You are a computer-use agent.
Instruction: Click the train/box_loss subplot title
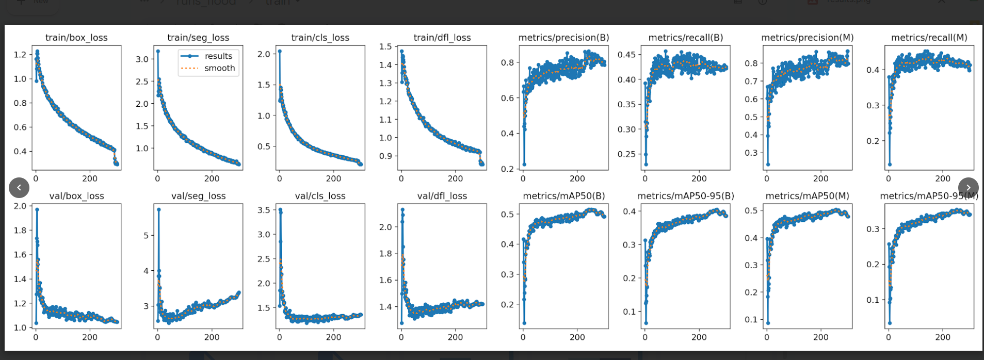[x=76, y=38]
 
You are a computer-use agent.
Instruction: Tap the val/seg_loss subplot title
[x=198, y=196]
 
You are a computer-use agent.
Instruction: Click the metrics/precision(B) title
[x=563, y=38]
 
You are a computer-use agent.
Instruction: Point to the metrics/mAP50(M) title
[x=807, y=196]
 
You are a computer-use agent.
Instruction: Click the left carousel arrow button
[x=19, y=188]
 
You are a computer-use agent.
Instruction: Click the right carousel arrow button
[x=968, y=188]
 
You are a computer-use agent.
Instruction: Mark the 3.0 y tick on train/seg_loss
[x=142, y=59]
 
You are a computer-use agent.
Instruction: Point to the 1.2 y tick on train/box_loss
[x=20, y=55]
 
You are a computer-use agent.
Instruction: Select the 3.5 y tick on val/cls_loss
[x=264, y=210]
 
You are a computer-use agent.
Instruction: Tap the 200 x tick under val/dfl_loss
[x=455, y=337]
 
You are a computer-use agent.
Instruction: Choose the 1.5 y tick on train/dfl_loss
[x=385, y=46]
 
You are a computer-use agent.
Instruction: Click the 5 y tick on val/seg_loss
[x=146, y=236]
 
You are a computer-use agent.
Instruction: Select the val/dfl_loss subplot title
[x=442, y=196]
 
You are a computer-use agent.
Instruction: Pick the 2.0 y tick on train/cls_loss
[x=264, y=54]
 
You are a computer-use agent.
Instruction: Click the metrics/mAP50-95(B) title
[x=685, y=196]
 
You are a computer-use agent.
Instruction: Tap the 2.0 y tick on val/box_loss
[x=20, y=206]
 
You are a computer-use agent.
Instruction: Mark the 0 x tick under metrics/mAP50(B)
[x=523, y=337]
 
